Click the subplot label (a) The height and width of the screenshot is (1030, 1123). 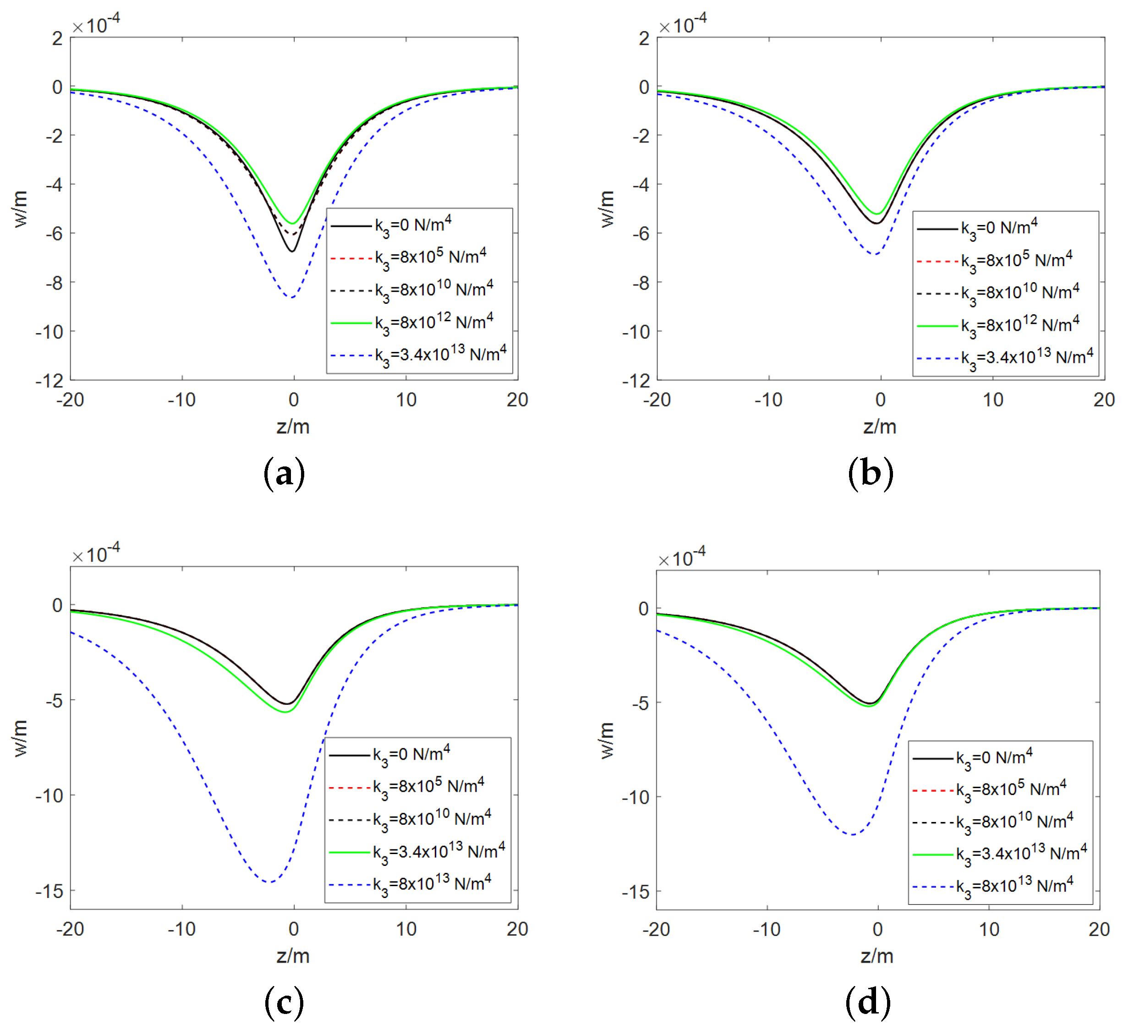tap(284, 474)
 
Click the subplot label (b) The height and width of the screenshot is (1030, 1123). tap(870, 474)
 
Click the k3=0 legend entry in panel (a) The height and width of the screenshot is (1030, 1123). tap(412, 226)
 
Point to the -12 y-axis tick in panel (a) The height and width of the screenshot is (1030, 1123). tap(50, 381)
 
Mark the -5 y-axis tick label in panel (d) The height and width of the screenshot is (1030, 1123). tap(641, 703)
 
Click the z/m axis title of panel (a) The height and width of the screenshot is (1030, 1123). tap(293, 427)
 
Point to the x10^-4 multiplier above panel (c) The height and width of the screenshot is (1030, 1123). tap(96, 554)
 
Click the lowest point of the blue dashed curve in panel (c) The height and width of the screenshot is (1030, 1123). tap(270, 882)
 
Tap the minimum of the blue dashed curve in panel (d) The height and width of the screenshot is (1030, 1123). tap(853, 835)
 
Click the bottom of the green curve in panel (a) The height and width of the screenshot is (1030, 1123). tap(292, 224)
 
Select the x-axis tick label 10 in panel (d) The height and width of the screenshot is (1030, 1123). tap(989, 930)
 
